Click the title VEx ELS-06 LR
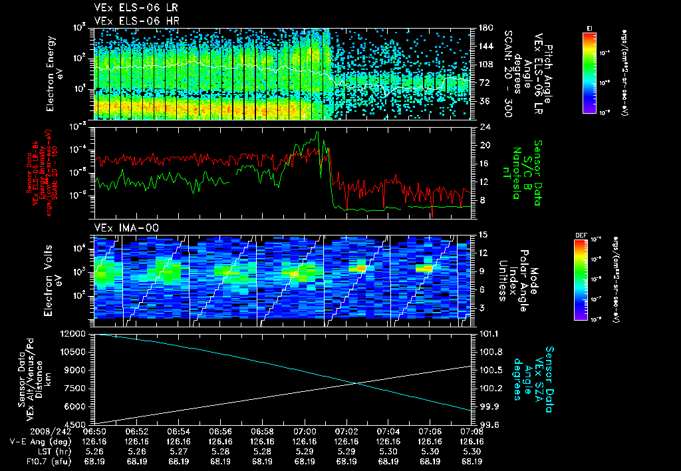(x=130, y=8)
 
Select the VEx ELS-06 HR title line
(x=130, y=21)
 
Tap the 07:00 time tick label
(x=305, y=432)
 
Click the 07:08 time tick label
(x=472, y=432)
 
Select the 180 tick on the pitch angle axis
(x=485, y=27)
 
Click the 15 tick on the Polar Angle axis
(x=483, y=234)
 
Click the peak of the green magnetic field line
(x=317, y=132)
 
